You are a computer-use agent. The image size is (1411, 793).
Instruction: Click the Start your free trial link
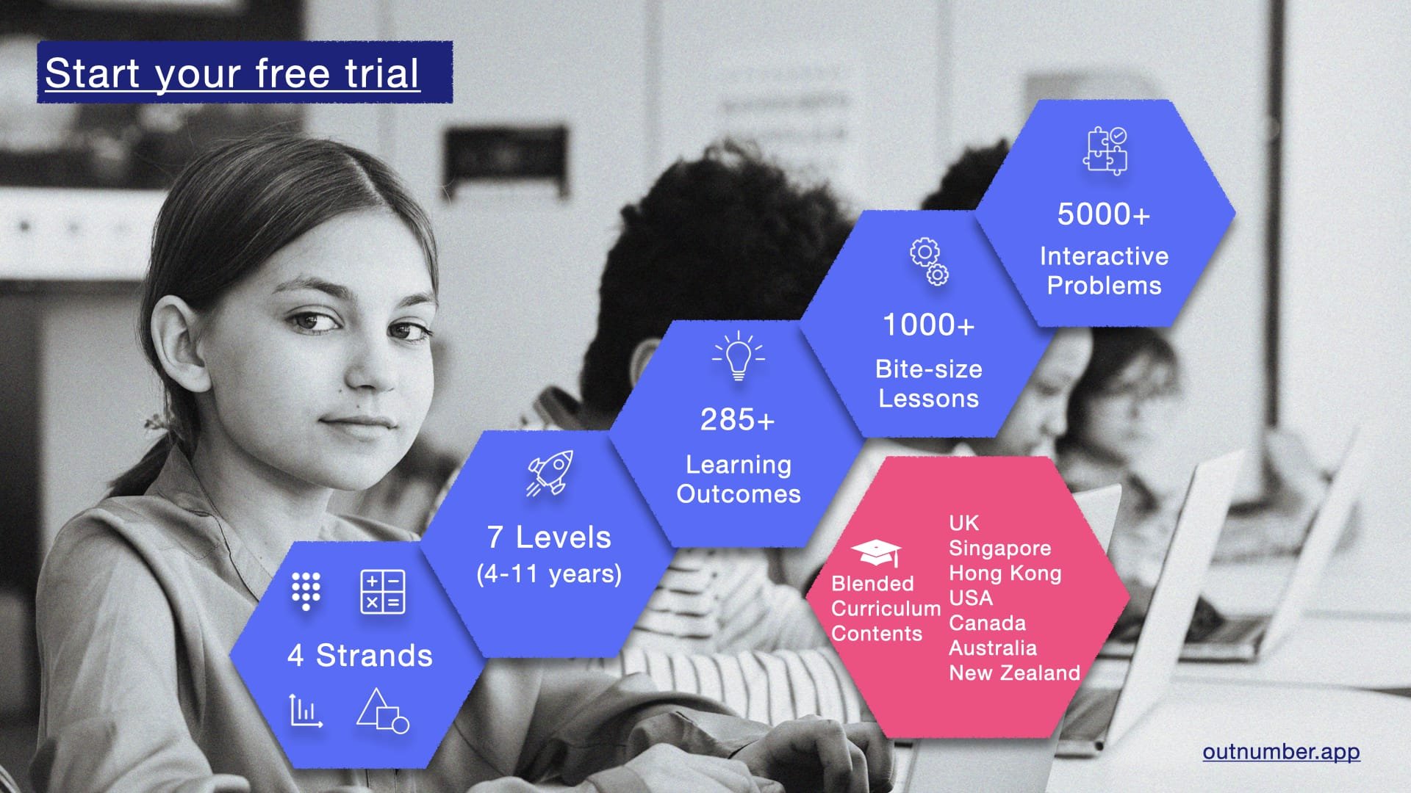click(232, 73)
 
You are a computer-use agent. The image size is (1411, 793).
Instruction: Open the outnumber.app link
click(1281, 752)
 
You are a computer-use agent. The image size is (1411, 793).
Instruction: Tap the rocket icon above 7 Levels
click(550, 473)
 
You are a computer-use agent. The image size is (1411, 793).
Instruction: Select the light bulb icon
click(739, 357)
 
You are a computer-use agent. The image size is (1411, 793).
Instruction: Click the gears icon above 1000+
click(929, 261)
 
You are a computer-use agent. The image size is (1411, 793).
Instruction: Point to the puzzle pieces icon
click(1105, 151)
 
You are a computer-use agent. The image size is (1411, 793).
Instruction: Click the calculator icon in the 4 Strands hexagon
click(382, 592)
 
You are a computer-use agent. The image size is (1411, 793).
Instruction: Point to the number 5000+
click(1103, 214)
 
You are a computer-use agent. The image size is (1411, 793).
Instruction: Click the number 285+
click(737, 420)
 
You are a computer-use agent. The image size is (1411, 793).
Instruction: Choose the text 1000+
click(928, 325)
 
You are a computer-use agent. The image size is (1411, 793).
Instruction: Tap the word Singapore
click(999, 548)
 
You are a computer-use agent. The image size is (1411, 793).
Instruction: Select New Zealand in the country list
click(1014, 673)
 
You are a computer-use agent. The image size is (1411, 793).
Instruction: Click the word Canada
click(987, 623)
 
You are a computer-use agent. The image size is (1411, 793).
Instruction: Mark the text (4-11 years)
click(549, 573)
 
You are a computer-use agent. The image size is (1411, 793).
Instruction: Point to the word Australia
click(993, 648)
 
